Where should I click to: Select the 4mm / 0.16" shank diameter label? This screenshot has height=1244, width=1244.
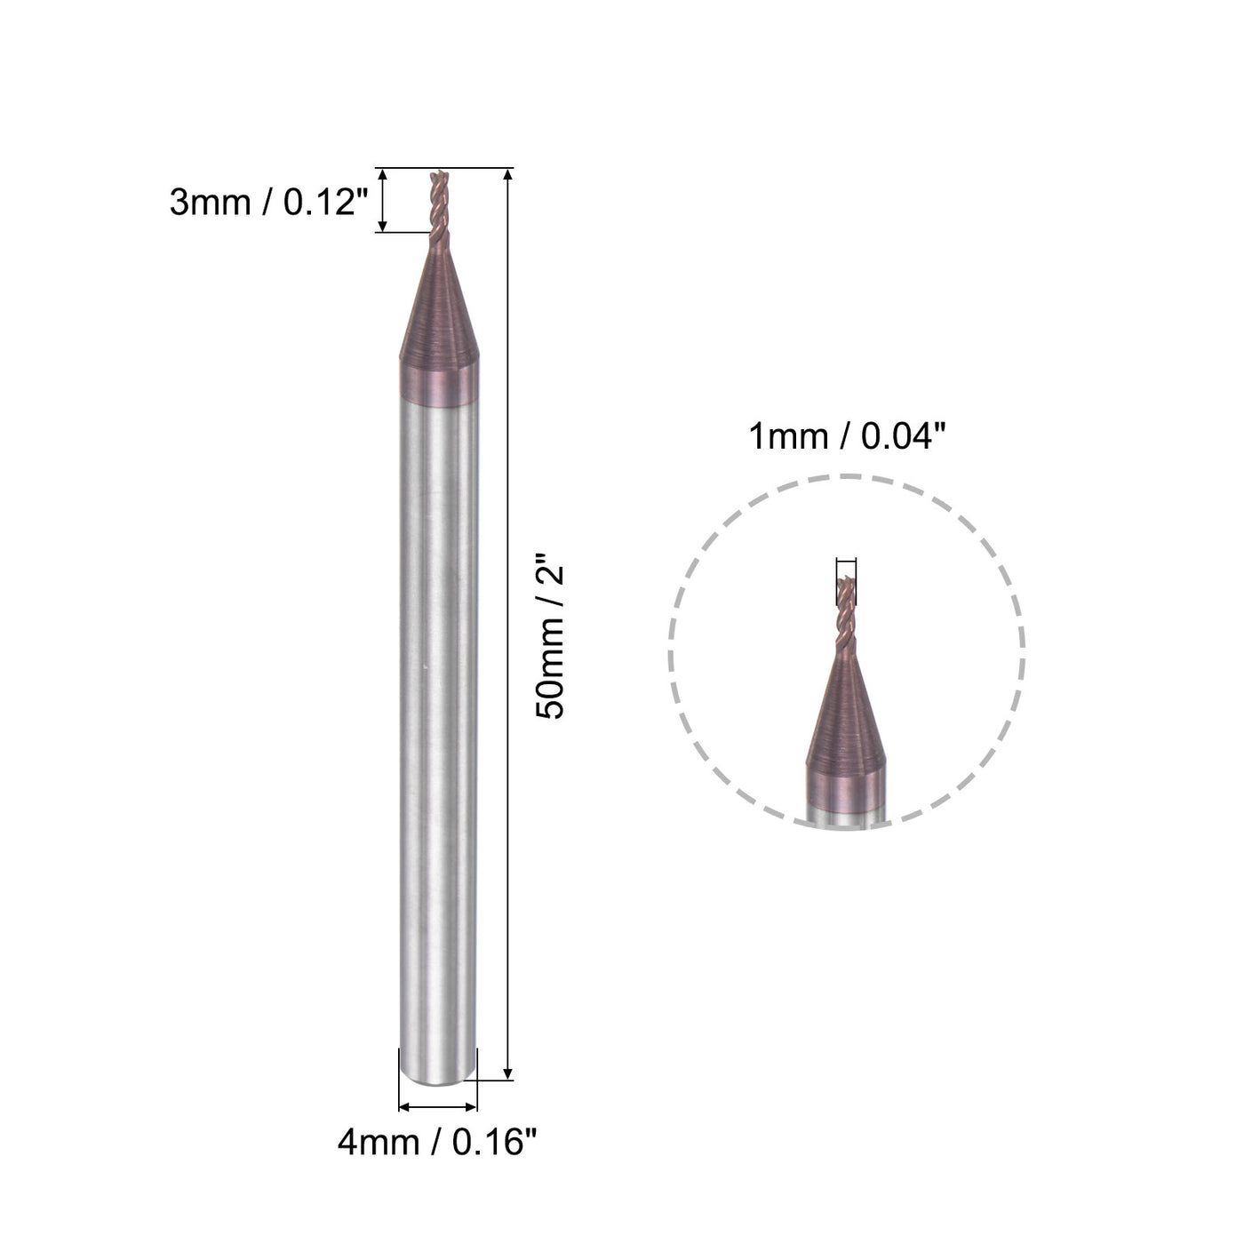(437, 1142)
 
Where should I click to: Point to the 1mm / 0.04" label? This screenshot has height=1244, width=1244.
(846, 437)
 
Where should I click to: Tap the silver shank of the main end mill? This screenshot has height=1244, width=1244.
(438, 711)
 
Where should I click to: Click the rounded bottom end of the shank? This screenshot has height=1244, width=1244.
(438, 1077)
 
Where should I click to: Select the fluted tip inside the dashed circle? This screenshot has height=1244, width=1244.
(846, 613)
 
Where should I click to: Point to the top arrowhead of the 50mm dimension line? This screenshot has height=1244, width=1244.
(507, 175)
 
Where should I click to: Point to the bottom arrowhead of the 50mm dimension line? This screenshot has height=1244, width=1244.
(507, 1073)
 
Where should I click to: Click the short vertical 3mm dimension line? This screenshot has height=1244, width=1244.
(383, 201)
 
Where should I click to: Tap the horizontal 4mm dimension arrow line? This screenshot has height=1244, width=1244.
(438, 1107)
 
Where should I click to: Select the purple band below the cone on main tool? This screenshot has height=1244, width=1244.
(438, 380)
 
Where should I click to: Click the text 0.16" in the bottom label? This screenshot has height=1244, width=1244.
(495, 1142)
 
